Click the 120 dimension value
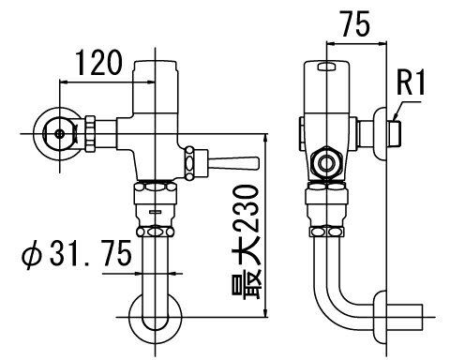click(98, 63)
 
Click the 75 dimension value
click(355, 23)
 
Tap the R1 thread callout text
click(411, 82)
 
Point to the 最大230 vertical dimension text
click(247, 242)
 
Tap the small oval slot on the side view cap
click(326, 67)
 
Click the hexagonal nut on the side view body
click(327, 163)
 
